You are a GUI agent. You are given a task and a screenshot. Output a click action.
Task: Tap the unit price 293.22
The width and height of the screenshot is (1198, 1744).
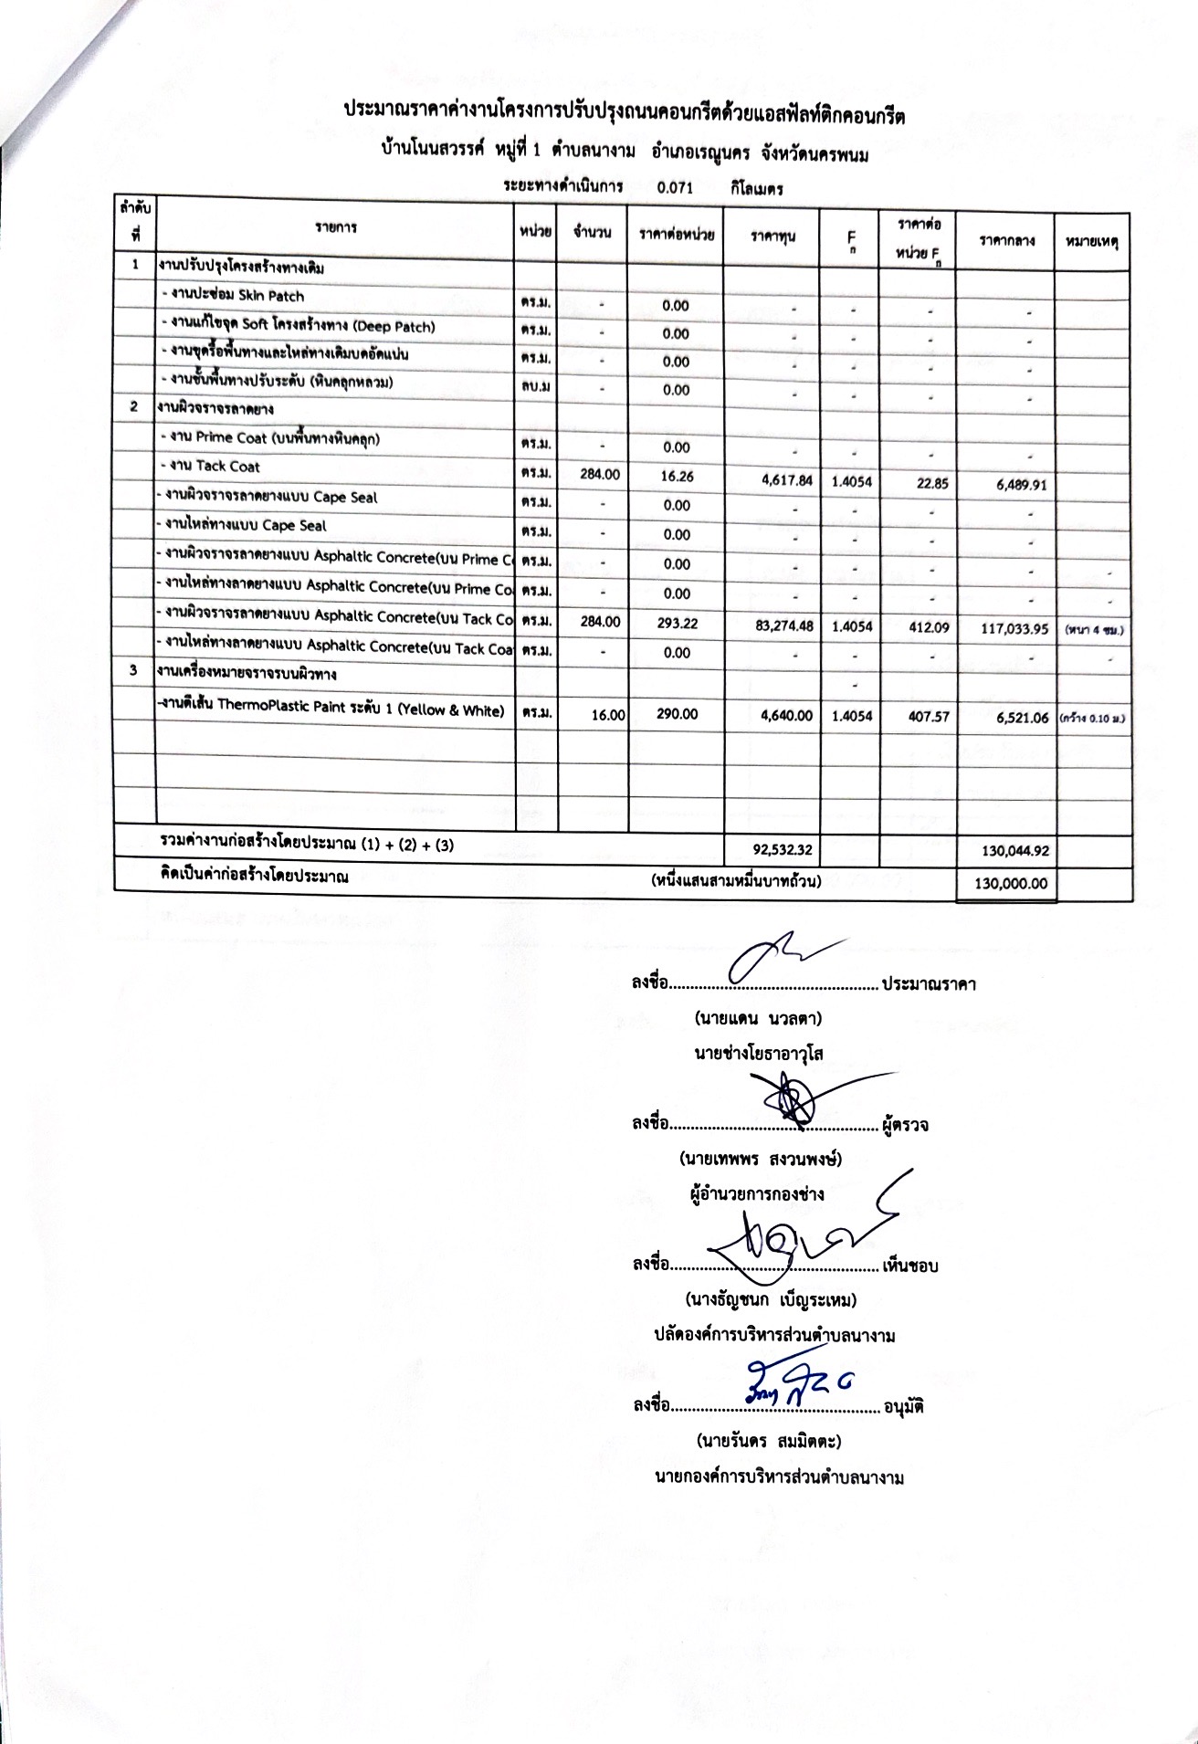click(676, 622)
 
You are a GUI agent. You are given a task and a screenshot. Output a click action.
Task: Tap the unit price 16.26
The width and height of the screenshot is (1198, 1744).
click(676, 475)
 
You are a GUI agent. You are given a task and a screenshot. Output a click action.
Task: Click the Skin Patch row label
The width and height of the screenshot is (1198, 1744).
click(232, 296)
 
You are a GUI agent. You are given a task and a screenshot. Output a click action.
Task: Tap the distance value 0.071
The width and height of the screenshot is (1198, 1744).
click(675, 187)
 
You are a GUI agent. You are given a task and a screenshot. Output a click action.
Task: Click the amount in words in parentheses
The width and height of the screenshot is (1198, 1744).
click(736, 881)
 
